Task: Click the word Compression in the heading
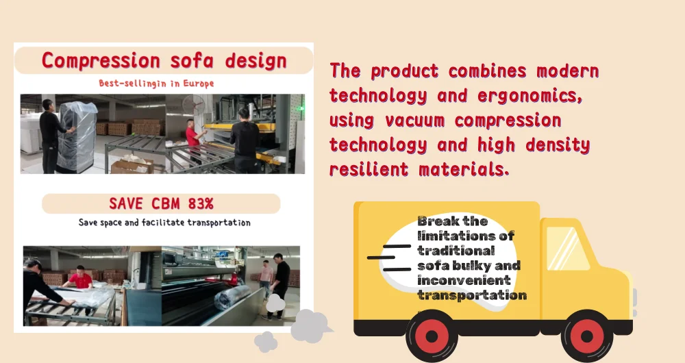(101, 61)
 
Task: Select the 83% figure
(201, 203)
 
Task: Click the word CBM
(166, 203)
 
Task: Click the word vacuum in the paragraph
(414, 121)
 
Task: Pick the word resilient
(369, 169)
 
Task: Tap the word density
(558, 145)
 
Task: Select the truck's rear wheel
(432, 336)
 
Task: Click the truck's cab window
(568, 248)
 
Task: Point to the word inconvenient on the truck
(464, 280)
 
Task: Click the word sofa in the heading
(192, 61)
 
